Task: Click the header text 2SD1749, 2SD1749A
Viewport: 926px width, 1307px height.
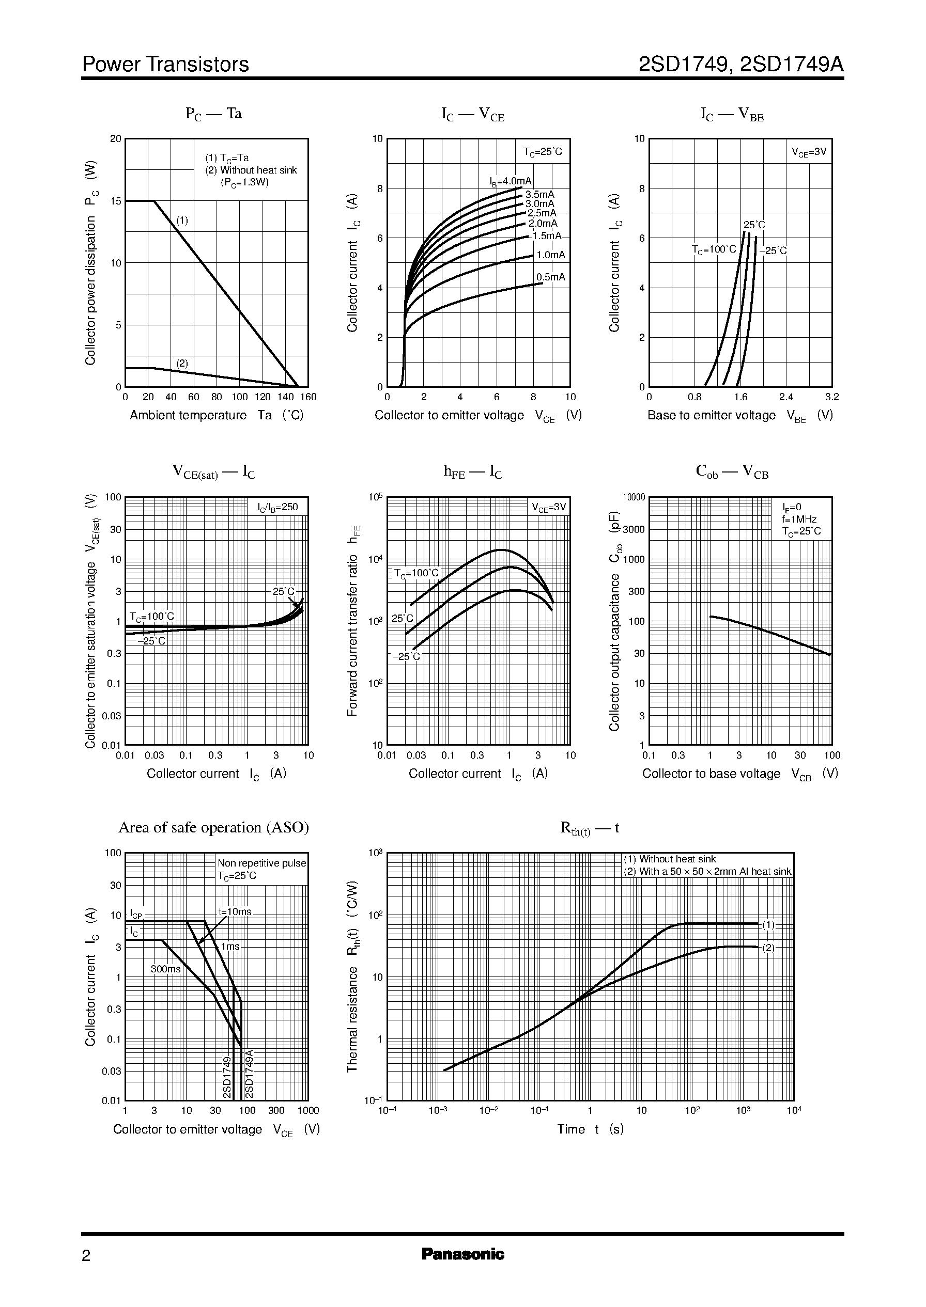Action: coord(740,65)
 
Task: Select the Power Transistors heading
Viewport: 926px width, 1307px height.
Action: coord(165,65)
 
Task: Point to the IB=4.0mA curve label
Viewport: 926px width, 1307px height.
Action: coord(511,181)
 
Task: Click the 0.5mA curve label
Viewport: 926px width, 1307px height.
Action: coord(550,277)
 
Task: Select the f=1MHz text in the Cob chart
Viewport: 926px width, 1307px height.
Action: coord(799,519)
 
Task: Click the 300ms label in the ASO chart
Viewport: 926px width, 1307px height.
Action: coord(165,969)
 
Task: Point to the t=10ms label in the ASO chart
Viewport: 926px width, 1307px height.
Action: coord(235,911)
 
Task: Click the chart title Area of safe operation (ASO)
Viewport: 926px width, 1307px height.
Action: coord(213,827)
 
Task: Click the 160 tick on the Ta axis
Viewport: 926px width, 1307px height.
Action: coord(308,397)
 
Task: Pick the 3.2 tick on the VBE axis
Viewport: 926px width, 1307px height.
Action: coord(831,397)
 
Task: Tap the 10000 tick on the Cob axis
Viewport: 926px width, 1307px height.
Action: coord(634,497)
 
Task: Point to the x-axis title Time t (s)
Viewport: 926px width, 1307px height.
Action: coord(590,1129)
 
